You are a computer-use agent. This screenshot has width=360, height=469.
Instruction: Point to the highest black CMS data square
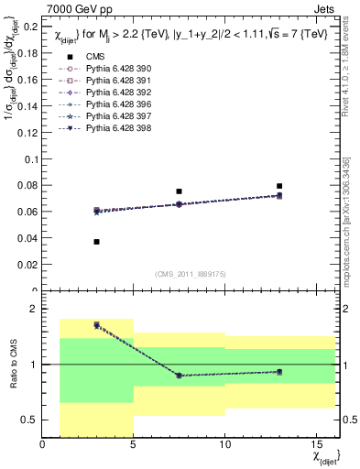279,186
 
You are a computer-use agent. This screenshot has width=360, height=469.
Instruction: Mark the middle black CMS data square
179,191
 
